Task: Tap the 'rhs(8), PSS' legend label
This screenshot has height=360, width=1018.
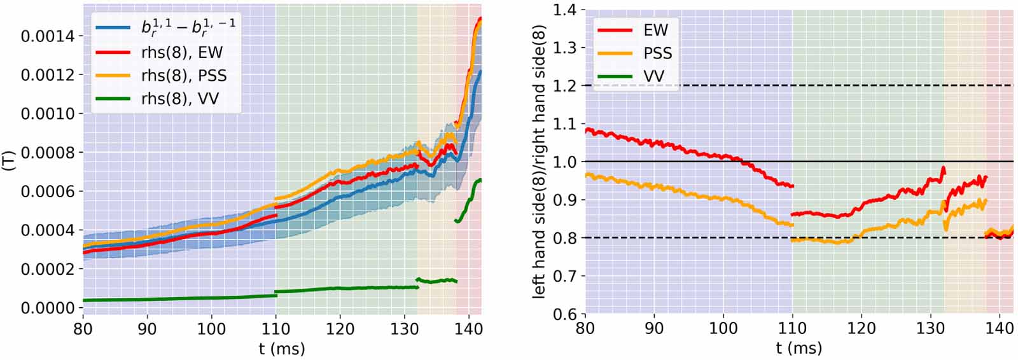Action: [184, 76]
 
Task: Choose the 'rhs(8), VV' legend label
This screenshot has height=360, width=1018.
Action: [180, 99]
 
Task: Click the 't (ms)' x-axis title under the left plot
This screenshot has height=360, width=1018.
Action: [282, 348]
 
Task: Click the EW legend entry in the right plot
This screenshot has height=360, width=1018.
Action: [656, 30]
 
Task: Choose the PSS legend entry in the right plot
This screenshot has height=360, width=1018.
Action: [658, 53]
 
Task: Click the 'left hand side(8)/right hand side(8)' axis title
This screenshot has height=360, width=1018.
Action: [540, 162]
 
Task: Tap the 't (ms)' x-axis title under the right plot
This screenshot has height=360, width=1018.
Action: [798, 348]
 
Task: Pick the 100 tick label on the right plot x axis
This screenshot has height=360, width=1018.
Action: [723, 329]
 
